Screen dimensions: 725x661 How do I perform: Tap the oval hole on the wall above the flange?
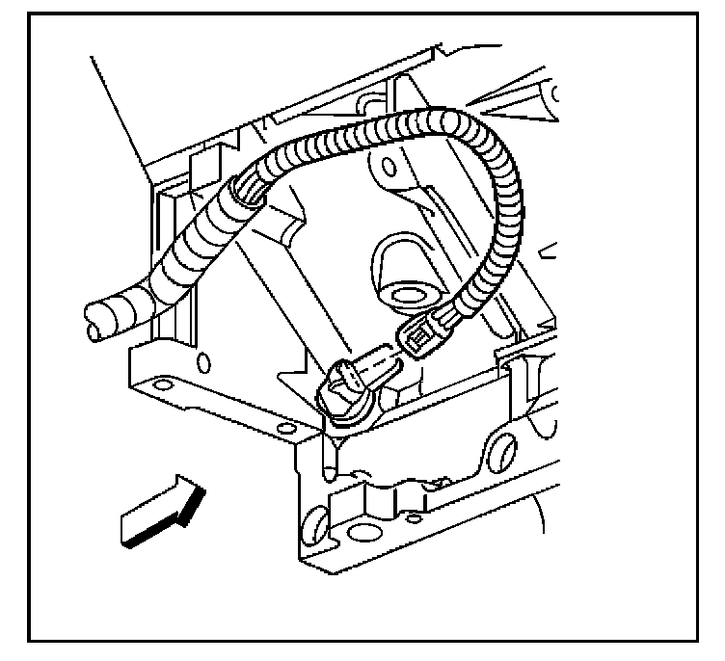coord(202,362)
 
